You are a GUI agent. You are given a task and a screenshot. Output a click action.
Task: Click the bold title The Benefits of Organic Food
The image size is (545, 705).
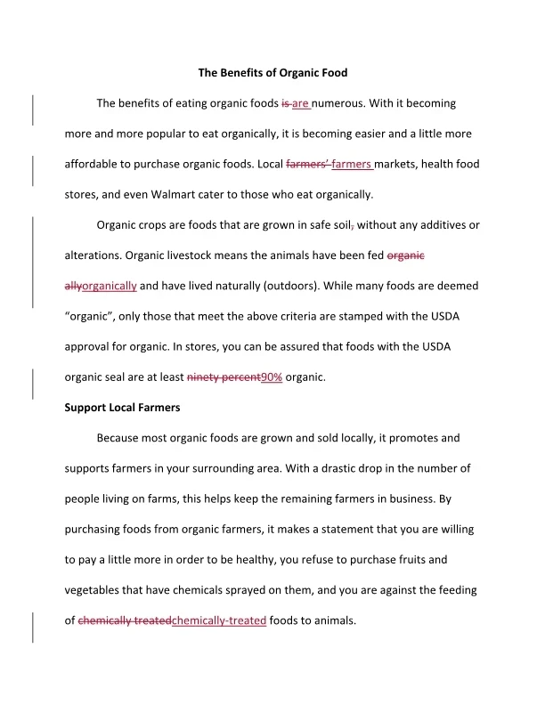click(272, 72)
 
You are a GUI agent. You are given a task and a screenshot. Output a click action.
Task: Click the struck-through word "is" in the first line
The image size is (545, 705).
click(285, 103)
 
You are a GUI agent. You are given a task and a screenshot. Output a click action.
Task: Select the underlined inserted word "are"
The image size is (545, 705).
click(300, 103)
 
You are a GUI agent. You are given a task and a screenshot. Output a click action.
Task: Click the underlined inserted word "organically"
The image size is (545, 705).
click(109, 286)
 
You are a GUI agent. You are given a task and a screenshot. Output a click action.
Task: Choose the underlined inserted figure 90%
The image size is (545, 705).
click(271, 377)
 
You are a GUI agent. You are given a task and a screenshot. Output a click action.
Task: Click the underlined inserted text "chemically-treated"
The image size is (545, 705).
click(218, 621)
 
